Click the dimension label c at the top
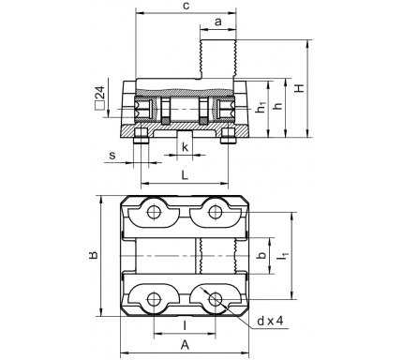point(187,7)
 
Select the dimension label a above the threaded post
point(218,22)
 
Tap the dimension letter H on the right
point(300,88)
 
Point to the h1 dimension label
point(261,107)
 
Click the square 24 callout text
point(99,97)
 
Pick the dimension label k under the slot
point(186,147)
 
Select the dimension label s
point(112,156)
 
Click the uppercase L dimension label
point(185,175)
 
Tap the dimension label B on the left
point(93,255)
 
